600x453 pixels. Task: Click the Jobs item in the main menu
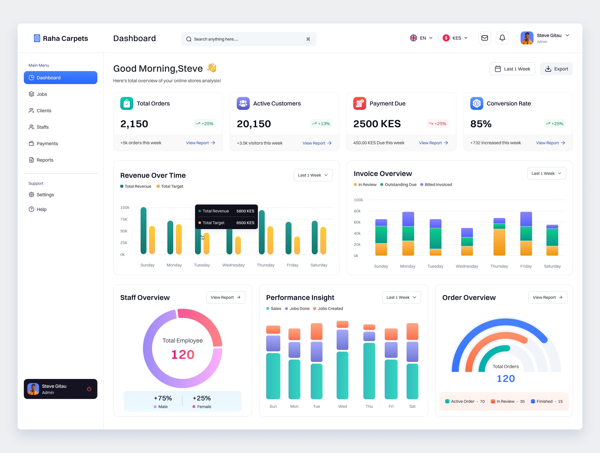(42, 94)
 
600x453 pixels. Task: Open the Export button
(556, 69)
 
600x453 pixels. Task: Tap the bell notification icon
(502, 38)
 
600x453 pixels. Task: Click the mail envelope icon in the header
(484, 38)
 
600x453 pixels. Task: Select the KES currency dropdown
(455, 38)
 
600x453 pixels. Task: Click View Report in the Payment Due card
(433, 143)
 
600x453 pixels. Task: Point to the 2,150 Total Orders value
(134, 124)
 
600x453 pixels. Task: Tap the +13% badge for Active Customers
(321, 124)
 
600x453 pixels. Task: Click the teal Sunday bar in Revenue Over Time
(144, 231)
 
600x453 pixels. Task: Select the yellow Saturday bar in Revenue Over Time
(323, 240)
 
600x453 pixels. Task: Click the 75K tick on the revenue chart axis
(124, 219)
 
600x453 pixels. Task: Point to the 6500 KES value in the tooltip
(245, 223)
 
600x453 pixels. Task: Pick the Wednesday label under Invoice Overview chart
(467, 266)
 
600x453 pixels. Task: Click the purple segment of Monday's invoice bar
(408, 219)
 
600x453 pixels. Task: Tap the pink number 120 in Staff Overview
(183, 355)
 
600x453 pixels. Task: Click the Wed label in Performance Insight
(342, 406)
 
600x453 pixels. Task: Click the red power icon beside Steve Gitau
(89, 389)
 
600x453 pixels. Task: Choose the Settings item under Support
(45, 194)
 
